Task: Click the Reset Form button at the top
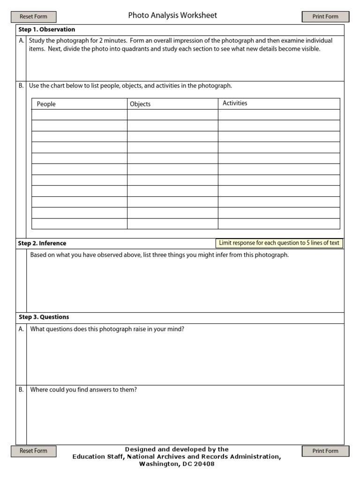(x=33, y=17)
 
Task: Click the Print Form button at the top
(x=325, y=17)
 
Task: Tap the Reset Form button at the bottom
(x=33, y=451)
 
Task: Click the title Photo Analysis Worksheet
(x=172, y=15)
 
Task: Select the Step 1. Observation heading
(x=46, y=30)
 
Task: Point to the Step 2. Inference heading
(x=42, y=243)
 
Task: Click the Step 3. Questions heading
(x=44, y=317)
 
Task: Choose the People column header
(x=46, y=104)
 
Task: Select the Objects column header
(x=140, y=104)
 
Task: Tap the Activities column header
(x=235, y=103)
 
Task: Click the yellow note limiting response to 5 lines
(x=279, y=243)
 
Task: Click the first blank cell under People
(x=79, y=115)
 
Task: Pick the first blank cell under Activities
(x=279, y=115)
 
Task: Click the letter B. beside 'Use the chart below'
(x=21, y=86)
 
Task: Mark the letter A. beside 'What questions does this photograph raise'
(x=21, y=329)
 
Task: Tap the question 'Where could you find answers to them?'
(x=83, y=390)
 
